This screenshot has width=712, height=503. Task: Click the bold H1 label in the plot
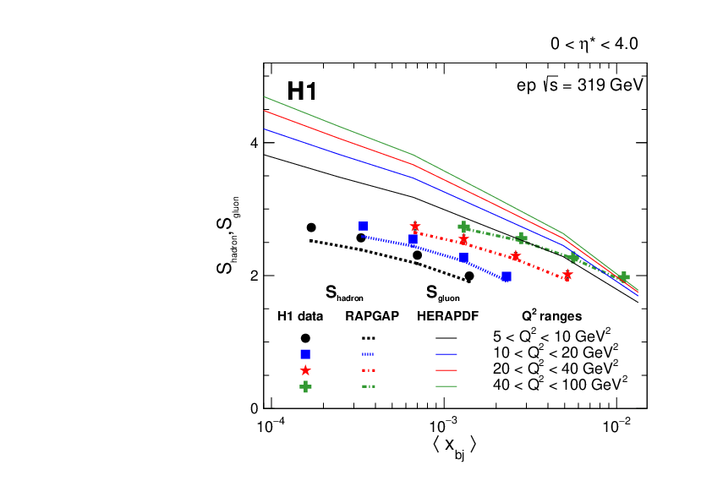point(302,91)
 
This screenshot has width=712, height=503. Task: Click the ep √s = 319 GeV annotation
point(580,85)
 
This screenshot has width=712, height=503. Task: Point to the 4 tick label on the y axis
point(253,144)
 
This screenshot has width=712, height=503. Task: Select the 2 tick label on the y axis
point(253,276)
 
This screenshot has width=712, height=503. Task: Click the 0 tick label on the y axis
point(253,408)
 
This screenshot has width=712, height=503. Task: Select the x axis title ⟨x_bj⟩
point(455,446)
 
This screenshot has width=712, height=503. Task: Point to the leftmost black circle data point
point(311,227)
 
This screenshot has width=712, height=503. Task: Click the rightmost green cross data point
point(624,277)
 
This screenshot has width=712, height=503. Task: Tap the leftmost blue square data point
point(363,226)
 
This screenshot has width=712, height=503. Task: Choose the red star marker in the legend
point(305,370)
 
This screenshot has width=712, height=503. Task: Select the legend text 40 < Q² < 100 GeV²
point(561,385)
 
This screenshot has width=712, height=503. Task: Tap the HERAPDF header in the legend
point(448,317)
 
